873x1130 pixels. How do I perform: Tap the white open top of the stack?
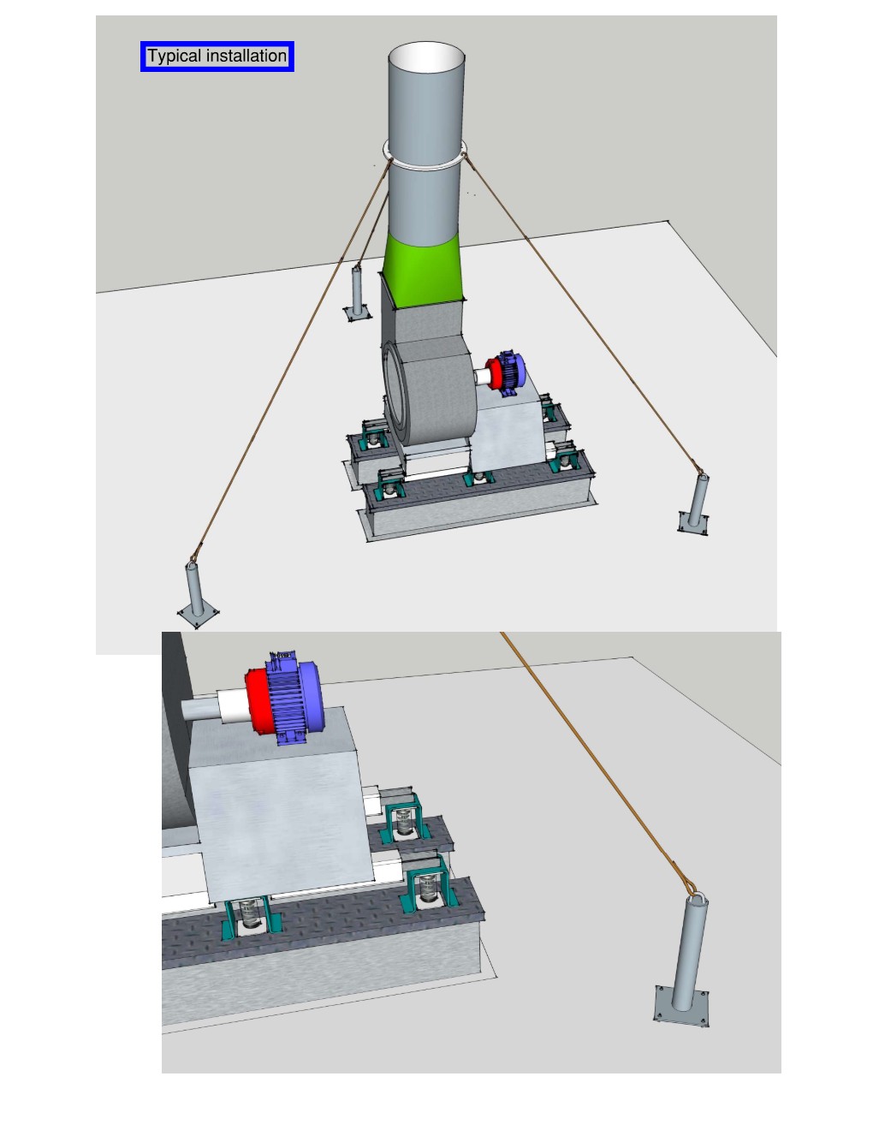[426, 56]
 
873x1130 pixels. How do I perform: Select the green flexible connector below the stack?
[422, 270]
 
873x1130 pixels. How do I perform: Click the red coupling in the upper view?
[494, 373]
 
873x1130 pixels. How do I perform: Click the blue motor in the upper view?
[511, 373]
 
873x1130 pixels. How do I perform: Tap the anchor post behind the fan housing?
[357, 294]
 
